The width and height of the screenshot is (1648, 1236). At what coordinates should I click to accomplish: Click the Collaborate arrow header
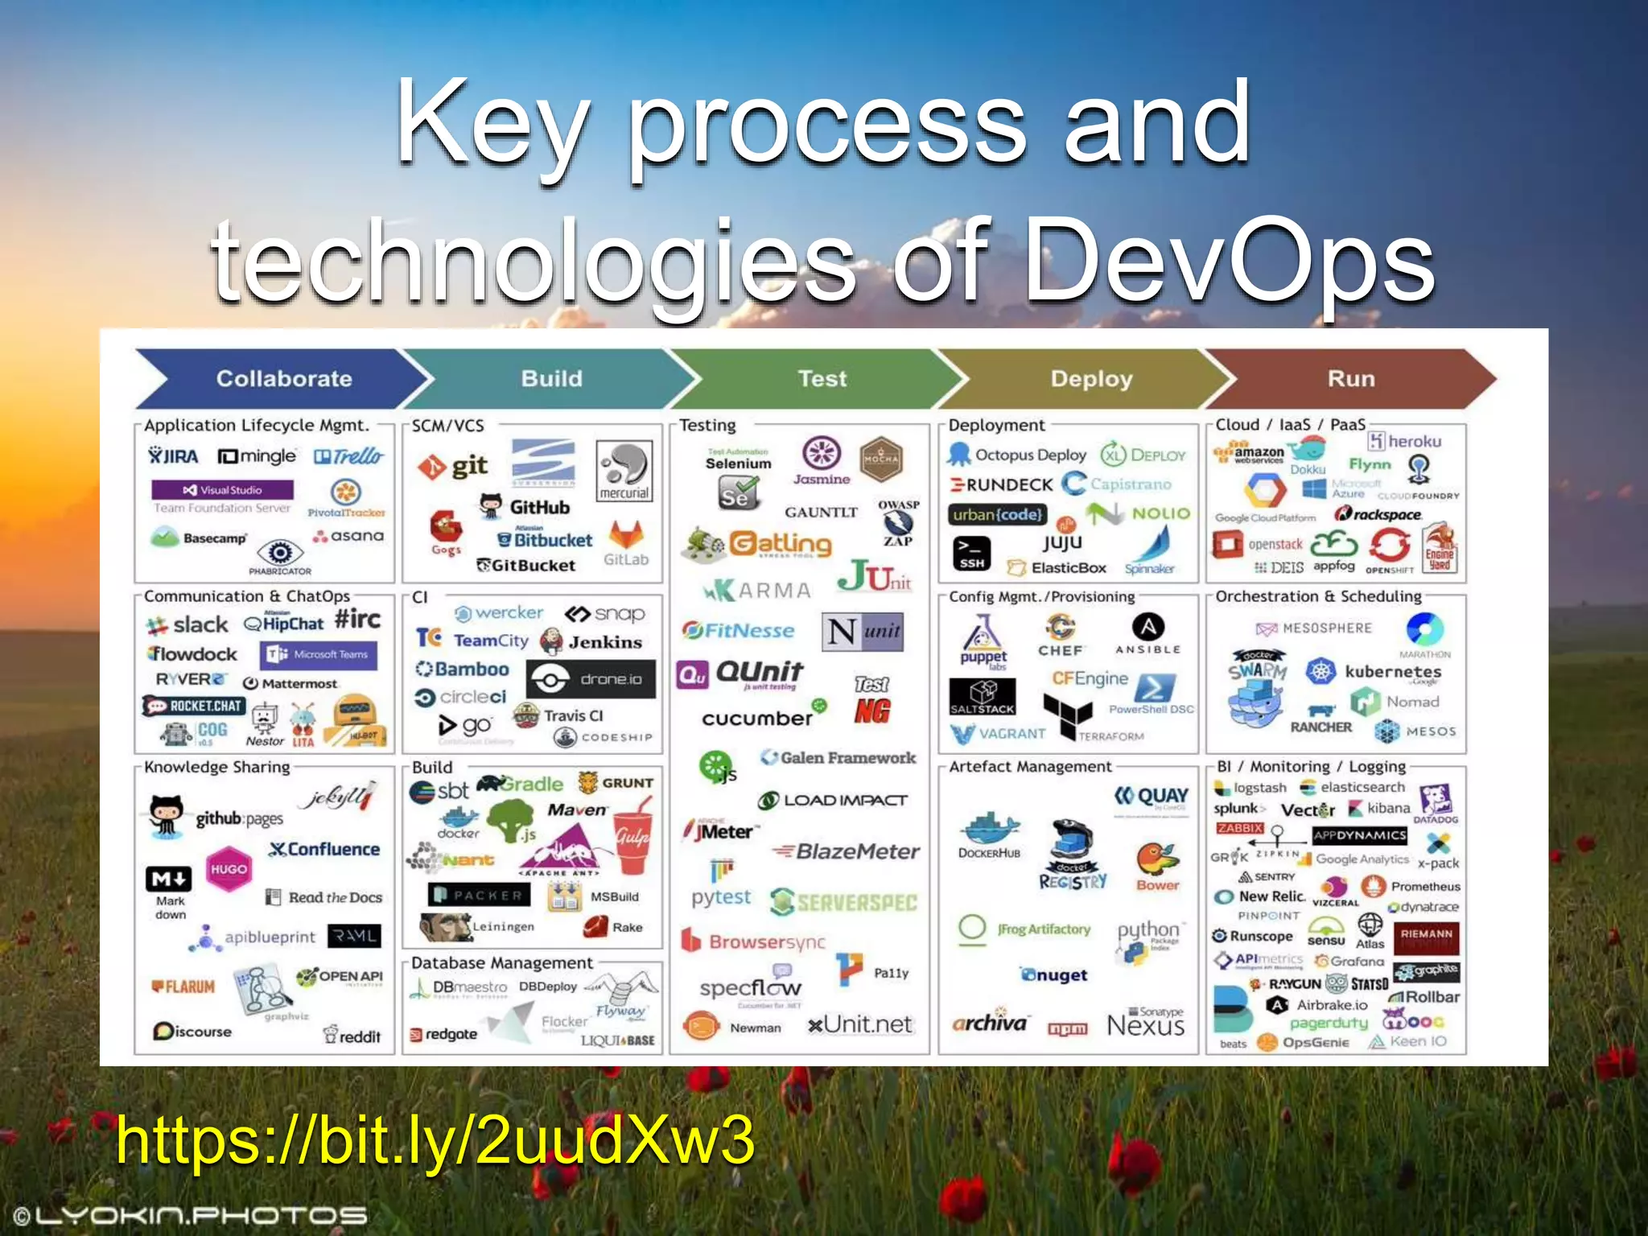[283, 378]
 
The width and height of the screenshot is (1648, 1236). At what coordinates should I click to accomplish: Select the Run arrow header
[1350, 378]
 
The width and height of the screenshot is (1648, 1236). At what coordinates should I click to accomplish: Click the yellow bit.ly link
[435, 1139]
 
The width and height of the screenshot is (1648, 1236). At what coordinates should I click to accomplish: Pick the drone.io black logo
[591, 679]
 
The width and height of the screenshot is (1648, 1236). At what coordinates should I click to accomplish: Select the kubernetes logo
[1378, 671]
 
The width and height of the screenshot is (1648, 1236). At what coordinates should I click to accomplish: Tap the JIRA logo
[174, 456]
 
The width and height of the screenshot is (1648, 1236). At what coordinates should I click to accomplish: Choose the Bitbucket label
[547, 540]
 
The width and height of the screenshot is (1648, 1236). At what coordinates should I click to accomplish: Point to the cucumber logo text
[758, 718]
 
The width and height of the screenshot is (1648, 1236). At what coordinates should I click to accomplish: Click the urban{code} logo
[998, 514]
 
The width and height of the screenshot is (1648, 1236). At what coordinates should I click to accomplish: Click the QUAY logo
[1152, 796]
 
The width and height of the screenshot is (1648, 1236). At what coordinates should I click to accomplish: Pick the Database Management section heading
[501, 962]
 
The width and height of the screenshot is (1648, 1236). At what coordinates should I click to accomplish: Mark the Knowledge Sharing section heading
[216, 767]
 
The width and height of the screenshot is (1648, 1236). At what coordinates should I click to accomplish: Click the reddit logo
[352, 1036]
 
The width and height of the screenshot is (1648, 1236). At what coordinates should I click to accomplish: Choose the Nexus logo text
[1146, 1025]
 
